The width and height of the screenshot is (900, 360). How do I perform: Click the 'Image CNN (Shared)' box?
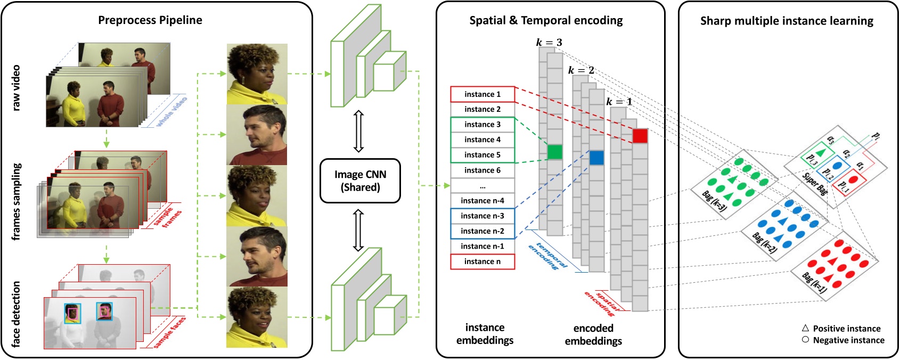360,181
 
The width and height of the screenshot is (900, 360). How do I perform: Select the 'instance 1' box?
482,94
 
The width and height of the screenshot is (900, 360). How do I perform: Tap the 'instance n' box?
482,261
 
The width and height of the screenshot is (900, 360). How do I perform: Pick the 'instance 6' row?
482,170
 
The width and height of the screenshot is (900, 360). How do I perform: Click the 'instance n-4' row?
482,201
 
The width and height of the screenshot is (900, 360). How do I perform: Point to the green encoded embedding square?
554,152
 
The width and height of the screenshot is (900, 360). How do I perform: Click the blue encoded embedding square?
596,158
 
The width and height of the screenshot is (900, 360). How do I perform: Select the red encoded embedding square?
640,136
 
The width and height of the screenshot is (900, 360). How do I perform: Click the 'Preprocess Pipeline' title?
150,20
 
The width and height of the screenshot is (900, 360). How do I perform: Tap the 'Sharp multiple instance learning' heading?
787,21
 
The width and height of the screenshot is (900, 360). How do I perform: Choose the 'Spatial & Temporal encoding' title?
546,21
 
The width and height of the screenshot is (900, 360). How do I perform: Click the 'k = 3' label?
549,42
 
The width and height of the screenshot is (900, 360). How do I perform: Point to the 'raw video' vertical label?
17,88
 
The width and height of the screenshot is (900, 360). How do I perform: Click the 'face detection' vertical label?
17,314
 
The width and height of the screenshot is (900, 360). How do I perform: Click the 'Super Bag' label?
815,184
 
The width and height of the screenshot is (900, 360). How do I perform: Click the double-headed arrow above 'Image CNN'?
358,131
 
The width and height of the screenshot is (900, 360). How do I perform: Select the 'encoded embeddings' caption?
593,334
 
